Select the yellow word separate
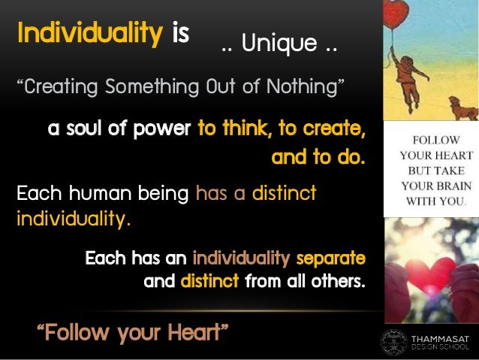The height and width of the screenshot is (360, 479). (x=331, y=259)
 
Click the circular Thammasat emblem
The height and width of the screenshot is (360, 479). (x=394, y=342)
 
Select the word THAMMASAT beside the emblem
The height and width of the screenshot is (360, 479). (x=441, y=337)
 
